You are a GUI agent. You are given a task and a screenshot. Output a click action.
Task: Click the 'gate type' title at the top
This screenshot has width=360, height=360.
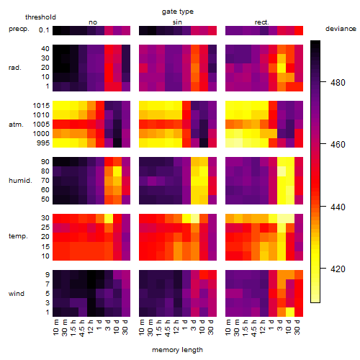178,12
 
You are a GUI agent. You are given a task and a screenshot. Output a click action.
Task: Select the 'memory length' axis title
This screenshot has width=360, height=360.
177,350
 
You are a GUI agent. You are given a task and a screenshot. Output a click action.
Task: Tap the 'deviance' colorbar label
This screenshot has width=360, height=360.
341,29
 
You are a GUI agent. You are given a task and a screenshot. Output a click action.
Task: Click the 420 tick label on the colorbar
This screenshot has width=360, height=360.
338,269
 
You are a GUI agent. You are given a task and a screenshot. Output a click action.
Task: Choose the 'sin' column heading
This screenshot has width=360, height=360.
177,22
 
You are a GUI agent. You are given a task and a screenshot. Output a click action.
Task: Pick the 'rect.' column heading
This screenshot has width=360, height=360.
261,22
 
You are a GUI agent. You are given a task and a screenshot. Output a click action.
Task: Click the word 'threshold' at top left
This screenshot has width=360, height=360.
40,17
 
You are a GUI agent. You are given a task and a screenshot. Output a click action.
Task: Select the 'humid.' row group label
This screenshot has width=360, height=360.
20,181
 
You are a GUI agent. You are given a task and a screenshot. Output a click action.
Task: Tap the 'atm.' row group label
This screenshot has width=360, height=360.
16,125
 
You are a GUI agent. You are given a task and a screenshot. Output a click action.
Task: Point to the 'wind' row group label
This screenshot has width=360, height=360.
17,294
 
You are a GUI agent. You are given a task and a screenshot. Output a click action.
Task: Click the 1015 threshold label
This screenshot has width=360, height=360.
41,106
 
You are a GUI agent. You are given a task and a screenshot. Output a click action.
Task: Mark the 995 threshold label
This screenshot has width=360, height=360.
43,143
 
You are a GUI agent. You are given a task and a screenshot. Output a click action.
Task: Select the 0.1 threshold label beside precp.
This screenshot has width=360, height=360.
44,30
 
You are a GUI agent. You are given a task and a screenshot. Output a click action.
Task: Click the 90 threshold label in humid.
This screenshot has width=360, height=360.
45,162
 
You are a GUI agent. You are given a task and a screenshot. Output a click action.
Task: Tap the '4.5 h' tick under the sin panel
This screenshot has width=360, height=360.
168,328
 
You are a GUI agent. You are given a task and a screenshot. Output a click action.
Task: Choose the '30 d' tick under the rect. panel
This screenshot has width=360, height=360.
297,327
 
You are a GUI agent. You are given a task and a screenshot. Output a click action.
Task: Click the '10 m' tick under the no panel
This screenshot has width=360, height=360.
56,327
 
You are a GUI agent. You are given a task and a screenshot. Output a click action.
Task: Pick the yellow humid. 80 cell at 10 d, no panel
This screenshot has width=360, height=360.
117,171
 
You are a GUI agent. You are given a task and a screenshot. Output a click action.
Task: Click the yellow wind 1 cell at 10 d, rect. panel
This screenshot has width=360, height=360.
290,312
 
